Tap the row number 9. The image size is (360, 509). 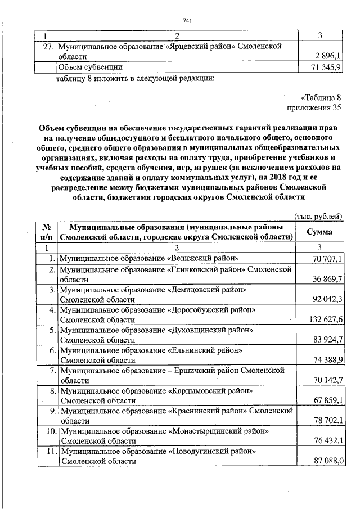click(x=52, y=411)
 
